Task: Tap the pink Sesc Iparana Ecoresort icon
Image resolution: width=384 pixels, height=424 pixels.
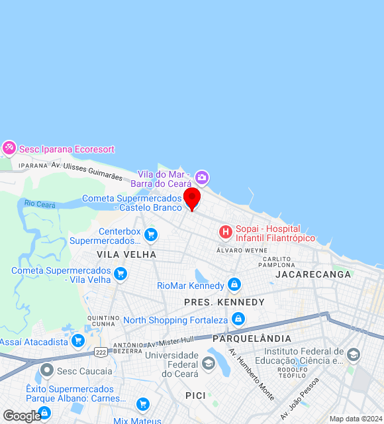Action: click(9, 148)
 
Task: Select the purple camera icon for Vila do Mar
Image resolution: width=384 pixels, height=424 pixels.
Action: click(202, 178)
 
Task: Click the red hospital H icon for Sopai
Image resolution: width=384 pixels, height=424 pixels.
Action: click(226, 232)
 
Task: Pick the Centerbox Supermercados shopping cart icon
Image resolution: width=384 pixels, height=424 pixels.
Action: click(151, 235)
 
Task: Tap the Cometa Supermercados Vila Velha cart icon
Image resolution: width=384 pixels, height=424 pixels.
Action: click(120, 274)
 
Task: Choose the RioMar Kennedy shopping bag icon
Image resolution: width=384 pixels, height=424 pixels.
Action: click(234, 285)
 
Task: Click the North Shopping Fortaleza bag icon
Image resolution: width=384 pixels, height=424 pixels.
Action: click(238, 320)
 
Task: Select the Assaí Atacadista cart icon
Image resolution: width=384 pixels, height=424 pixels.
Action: click(78, 341)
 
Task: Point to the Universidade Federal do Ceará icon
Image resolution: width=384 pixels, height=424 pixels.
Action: click(209, 362)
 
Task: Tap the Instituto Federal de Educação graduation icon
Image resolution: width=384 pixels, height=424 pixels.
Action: click(354, 356)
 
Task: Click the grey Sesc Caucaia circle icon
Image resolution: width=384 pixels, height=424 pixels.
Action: click(47, 370)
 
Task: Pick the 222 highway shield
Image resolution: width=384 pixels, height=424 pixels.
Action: click(101, 352)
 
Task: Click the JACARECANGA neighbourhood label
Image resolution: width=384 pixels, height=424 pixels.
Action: click(314, 274)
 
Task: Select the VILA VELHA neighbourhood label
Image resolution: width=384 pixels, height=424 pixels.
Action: click(126, 254)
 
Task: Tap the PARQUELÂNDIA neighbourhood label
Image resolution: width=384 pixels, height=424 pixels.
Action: click(252, 338)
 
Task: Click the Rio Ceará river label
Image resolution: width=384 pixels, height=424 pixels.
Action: click(40, 204)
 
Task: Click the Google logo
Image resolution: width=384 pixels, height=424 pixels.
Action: click(21, 416)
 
